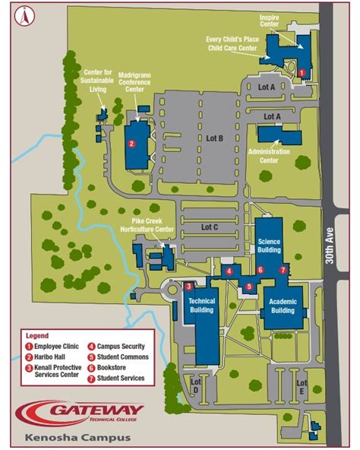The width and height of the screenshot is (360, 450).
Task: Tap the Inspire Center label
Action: (x=271, y=21)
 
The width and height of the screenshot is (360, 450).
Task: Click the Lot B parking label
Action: (x=214, y=138)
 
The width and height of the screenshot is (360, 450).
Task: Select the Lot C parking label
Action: (x=210, y=227)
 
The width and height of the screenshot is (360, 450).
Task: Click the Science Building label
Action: (x=269, y=245)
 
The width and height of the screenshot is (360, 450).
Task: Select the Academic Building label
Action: (x=283, y=306)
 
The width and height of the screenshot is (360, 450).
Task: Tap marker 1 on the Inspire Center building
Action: (x=302, y=73)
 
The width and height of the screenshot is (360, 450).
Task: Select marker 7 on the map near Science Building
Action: (x=283, y=270)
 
